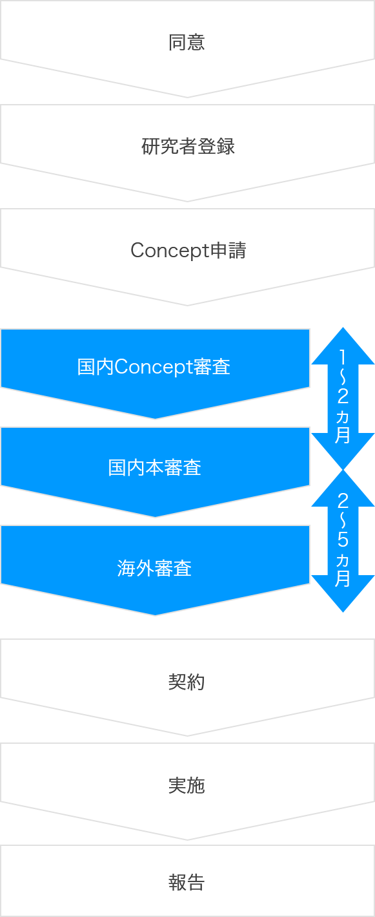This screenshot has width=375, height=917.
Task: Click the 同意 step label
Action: point(187,42)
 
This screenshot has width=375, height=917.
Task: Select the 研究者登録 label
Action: point(188,146)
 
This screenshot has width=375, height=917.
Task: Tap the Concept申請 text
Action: point(188,250)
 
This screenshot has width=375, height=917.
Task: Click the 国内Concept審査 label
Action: point(154,367)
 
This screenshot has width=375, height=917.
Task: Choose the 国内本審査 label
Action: point(154,467)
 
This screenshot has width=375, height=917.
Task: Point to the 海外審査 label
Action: point(154,568)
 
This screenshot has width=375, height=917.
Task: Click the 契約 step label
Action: point(187,682)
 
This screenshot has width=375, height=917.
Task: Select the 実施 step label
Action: point(187,786)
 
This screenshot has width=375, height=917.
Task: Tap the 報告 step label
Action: point(187,883)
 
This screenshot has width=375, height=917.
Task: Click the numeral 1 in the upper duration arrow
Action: point(343,357)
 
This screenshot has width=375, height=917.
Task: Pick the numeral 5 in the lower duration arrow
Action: point(343,539)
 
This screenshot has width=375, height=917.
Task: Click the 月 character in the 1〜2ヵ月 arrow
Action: point(343,435)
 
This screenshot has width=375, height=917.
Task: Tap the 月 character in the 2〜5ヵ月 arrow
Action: point(343,578)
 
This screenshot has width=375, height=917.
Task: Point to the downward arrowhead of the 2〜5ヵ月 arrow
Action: point(343,595)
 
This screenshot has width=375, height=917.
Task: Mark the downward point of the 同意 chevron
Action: point(188,98)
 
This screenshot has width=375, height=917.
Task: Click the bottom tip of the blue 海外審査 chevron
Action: point(156,615)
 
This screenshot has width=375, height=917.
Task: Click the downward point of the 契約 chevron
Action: point(188,735)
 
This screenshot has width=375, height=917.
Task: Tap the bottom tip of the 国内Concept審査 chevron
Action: point(156,419)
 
